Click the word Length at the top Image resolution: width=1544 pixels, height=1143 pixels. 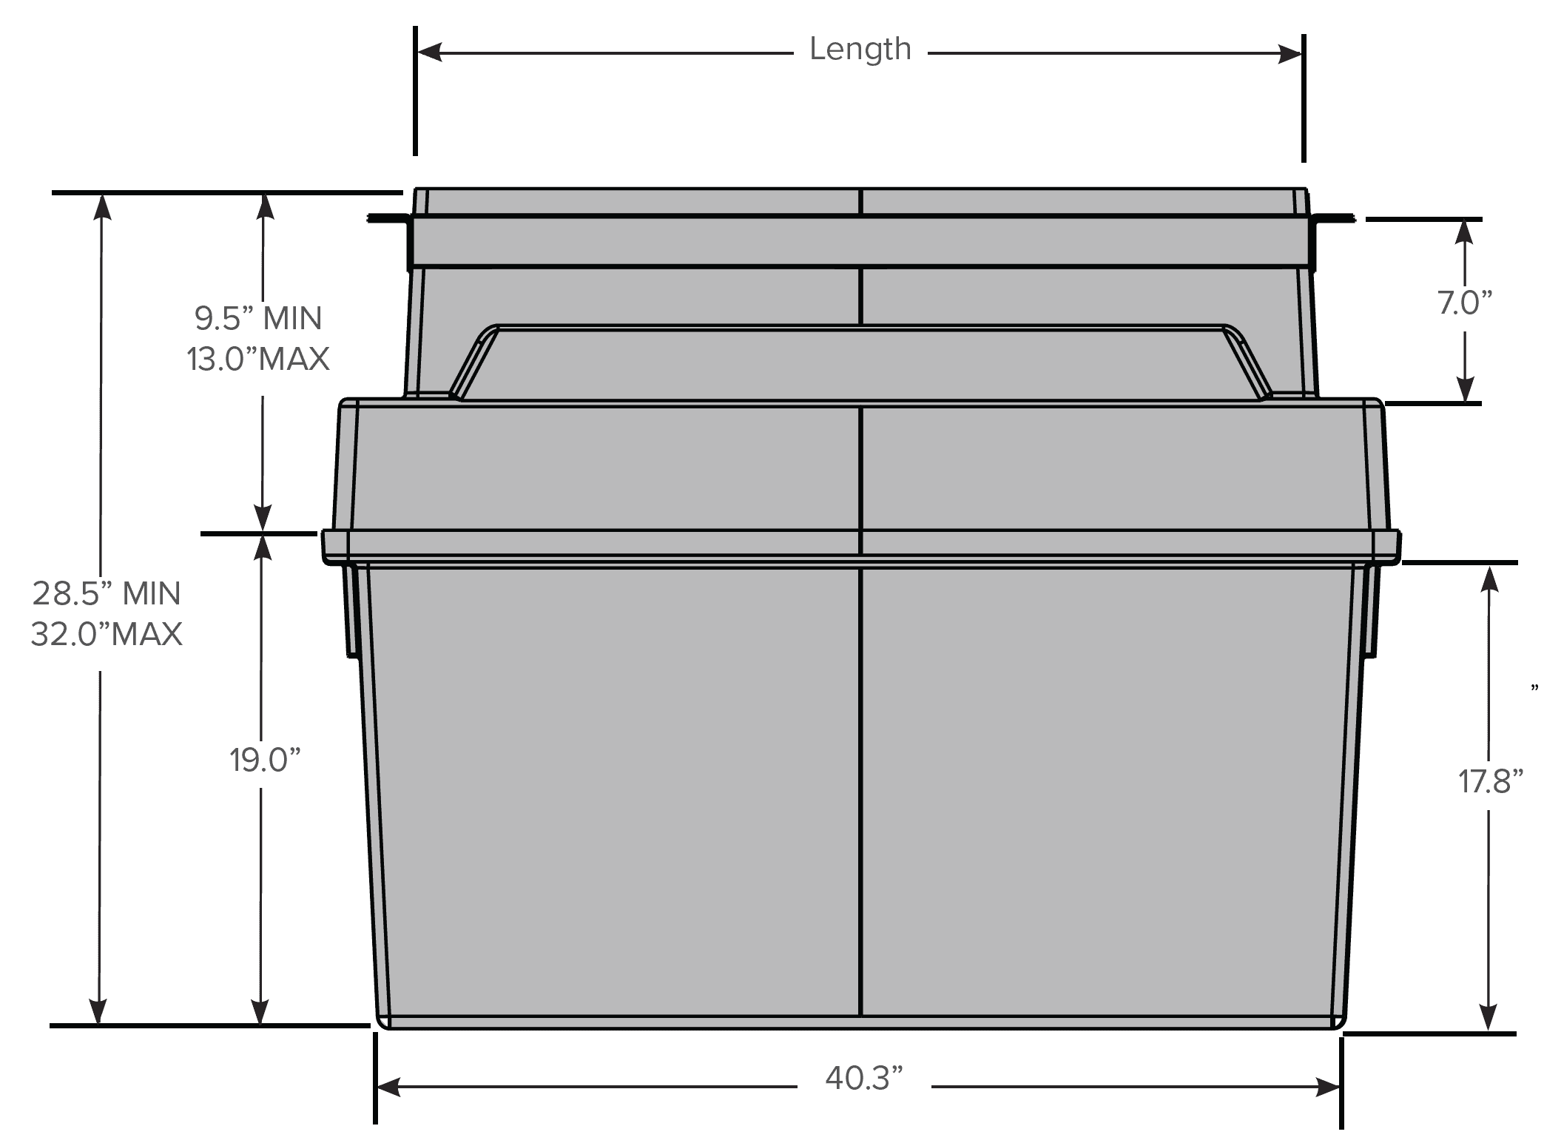860,50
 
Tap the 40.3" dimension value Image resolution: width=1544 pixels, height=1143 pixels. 864,1079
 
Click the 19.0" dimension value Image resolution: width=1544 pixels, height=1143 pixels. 265,760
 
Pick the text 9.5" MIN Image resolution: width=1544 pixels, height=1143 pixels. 258,318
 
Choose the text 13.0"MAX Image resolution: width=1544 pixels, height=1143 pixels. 257,360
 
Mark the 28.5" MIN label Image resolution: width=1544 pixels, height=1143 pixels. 107,593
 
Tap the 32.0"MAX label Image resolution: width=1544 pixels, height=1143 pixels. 107,634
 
